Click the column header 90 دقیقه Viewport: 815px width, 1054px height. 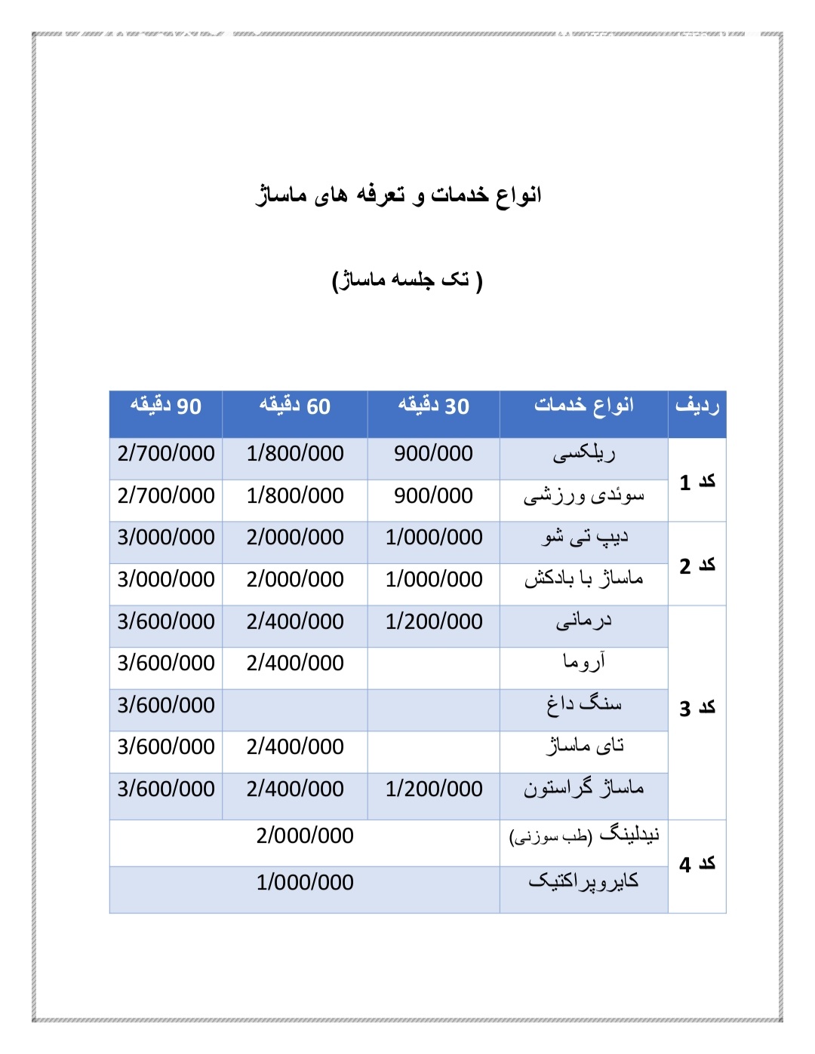point(165,406)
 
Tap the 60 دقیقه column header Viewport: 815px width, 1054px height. point(295,406)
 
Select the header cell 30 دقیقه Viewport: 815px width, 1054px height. point(434,406)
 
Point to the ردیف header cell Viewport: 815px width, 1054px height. point(697,406)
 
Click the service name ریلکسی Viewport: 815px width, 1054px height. point(584,454)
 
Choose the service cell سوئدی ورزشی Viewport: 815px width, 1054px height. point(584,496)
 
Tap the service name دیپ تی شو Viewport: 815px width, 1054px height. point(585,538)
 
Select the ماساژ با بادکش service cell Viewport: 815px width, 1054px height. point(584,579)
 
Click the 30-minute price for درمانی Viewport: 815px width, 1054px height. point(434,621)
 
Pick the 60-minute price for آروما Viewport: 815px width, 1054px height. point(295,663)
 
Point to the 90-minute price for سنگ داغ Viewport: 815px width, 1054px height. point(166,705)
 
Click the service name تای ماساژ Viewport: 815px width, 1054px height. point(585,746)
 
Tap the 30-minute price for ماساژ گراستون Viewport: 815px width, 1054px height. point(434,789)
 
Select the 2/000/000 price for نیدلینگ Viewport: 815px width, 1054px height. point(305,835)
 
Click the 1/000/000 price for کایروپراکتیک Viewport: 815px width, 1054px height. point(305,882)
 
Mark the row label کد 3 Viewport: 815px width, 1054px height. point(697,708)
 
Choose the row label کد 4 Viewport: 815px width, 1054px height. point(697,864)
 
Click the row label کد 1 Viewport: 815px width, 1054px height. point(697,482)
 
